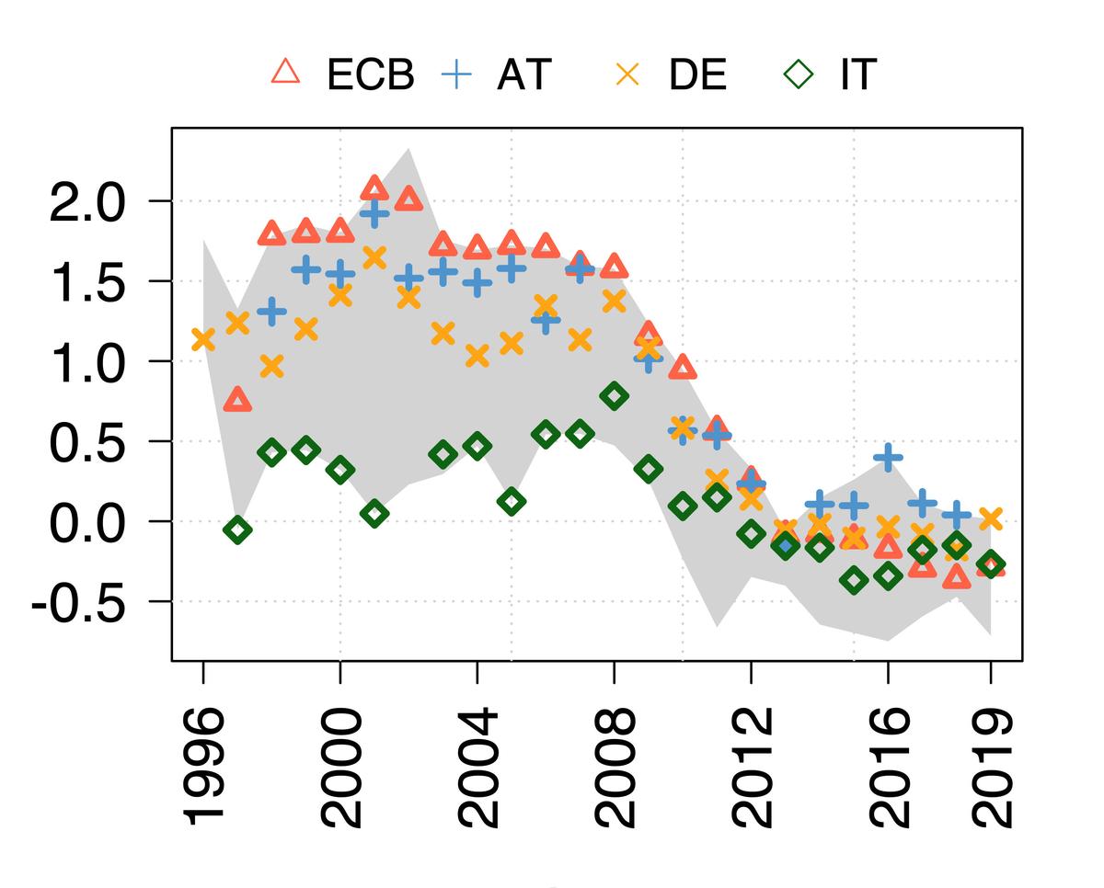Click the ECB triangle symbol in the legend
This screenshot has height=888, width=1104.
(286, 73)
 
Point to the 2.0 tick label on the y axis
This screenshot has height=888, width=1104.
(85, 201)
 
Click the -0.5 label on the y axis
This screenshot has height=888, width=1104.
(77, 602)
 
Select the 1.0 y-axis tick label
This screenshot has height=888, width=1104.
(85, 361)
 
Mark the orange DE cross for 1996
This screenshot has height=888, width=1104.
(203, 339)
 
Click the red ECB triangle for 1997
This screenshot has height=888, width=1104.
(237, 399)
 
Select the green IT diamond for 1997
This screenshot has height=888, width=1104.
(237, 529)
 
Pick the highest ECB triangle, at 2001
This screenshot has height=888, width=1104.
(374, 188)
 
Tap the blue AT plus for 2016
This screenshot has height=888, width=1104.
(888, 457)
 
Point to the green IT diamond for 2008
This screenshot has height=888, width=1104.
(615, 396)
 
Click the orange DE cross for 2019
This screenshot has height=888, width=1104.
(991, 518)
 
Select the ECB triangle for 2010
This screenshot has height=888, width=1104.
(683, 369)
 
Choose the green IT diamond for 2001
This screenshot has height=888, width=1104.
(374, 514)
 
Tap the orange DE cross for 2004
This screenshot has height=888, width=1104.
(477, 356)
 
